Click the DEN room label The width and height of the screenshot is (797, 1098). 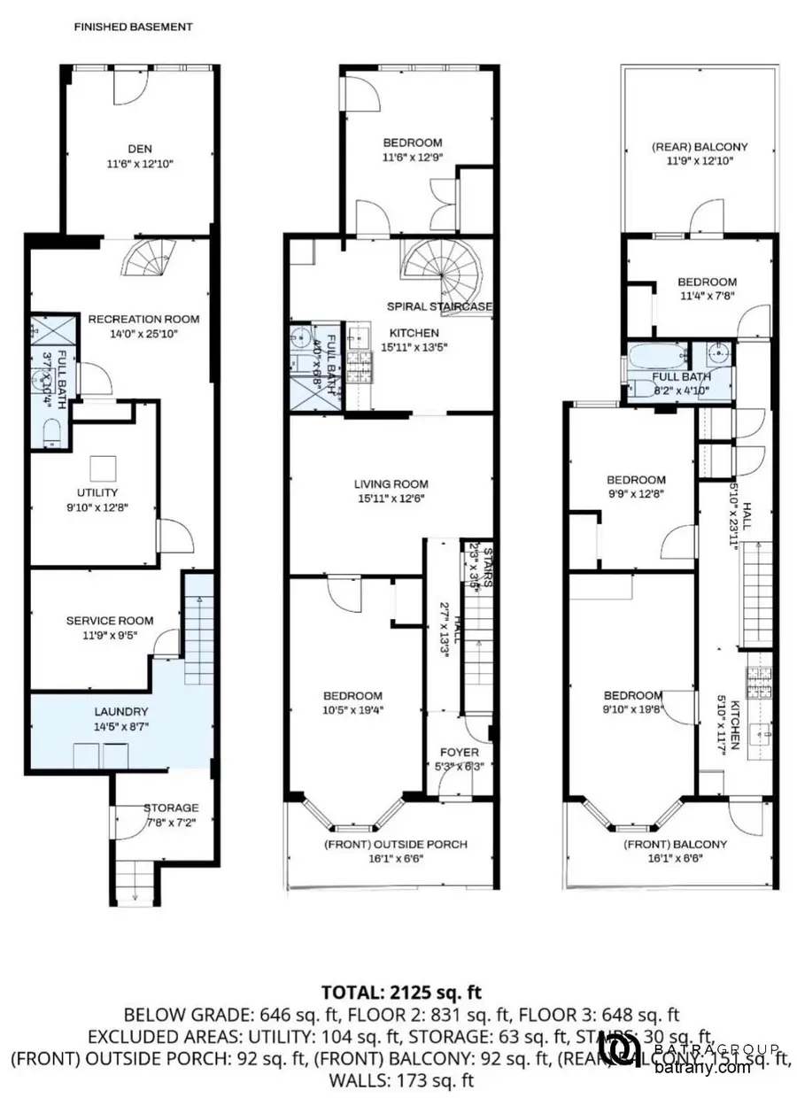point(135,149)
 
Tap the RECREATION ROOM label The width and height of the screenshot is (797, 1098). point(143,319)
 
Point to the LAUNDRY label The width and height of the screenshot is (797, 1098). point(121,711)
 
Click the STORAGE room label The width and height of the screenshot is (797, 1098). point(171,808)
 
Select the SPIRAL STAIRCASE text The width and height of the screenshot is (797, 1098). point(439,306)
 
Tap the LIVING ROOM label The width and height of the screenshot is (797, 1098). point(391,484)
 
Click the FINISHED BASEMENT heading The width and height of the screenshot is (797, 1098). point(133,27)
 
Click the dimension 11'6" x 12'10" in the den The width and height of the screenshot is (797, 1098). point(135,164)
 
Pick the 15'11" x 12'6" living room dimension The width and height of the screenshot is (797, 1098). point(391,499)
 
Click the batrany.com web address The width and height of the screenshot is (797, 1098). point(703,1067)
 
